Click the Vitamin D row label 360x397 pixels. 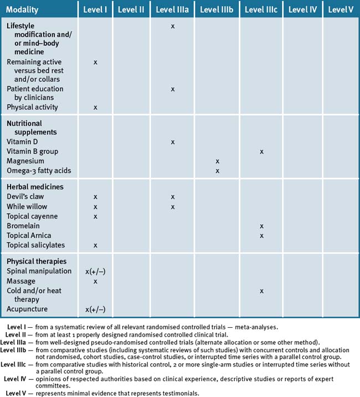click(x=22, y=142)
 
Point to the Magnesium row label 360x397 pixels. click(x=25, y=161)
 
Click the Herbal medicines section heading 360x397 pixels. click(x=35, y=187)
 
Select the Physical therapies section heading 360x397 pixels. click(x=37, y=261)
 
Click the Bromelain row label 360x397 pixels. click(x=23, y=226)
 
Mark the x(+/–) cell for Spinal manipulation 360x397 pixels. click(x=95, y=271)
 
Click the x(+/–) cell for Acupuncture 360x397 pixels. click(x=95, y=310)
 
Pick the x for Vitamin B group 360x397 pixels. click(x=261, y=152)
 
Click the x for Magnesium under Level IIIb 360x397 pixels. click(x=217, y=161)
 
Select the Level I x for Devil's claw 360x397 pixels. click(x=95, y=197)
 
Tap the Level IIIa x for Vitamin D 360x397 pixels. click(x=173, y=142)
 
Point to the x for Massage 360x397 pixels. click(x=95, y=281)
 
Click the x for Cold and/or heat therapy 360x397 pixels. click(x=261, y=291)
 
